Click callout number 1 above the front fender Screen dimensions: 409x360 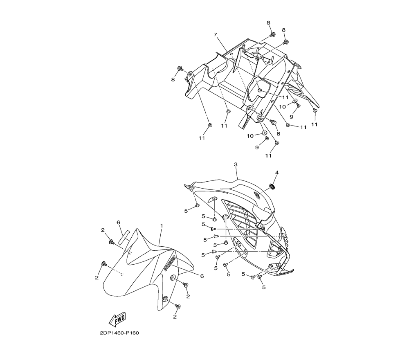(162, 225)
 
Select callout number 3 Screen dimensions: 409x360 (236, 164)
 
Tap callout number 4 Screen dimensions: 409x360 (277, 173)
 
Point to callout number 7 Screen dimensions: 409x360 (215, 34)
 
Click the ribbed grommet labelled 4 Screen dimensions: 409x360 (272, 186)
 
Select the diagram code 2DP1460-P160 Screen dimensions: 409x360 (119, 333)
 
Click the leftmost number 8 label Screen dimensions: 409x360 (173, 80)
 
